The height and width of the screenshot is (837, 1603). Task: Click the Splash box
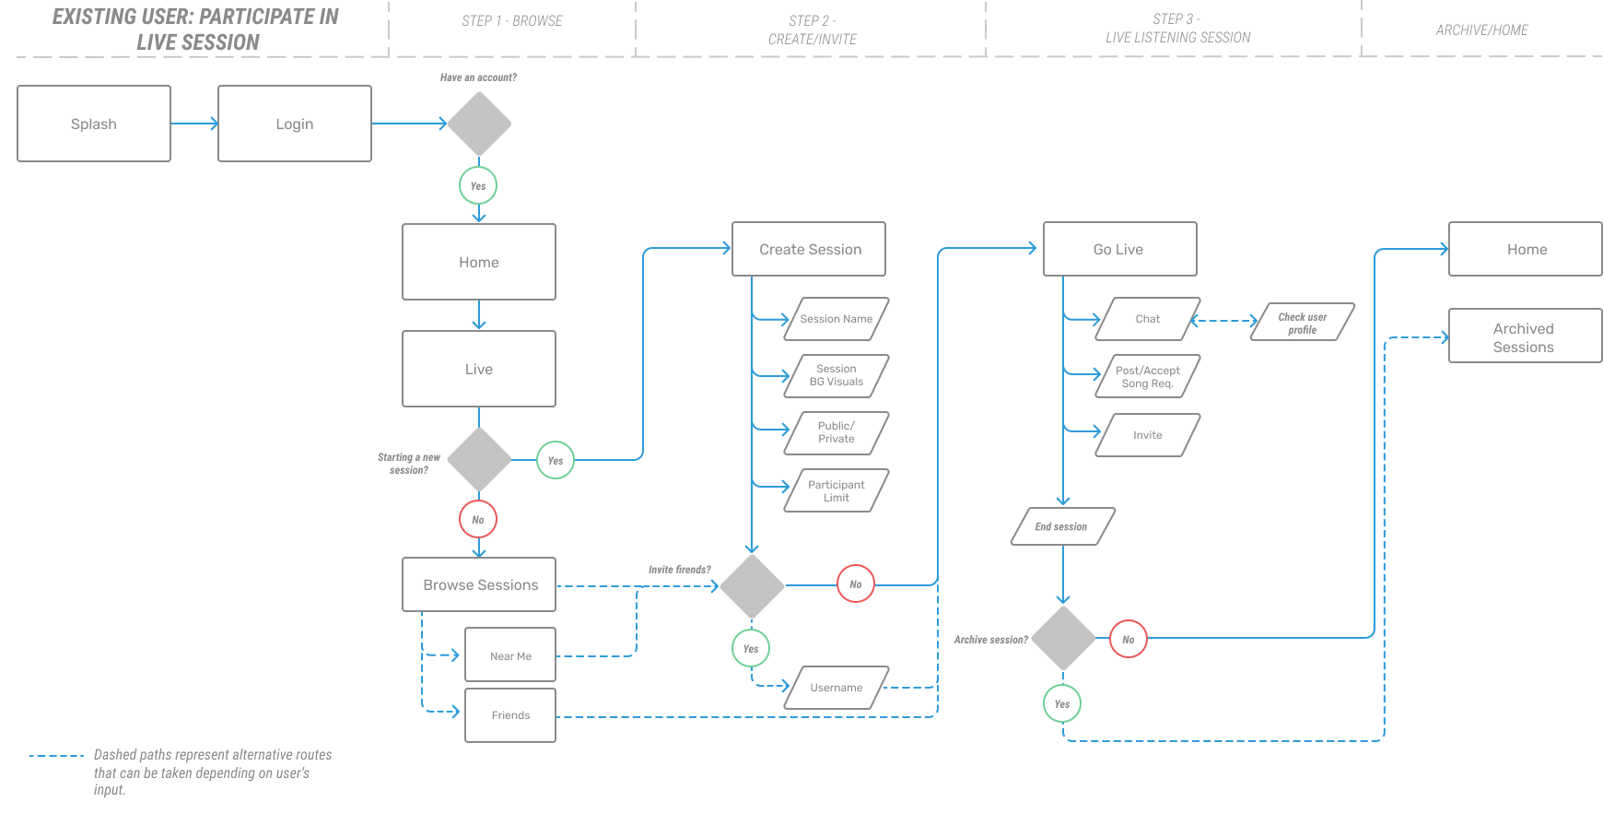[x=94, y=124]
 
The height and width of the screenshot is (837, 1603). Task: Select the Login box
[x=295, y=124]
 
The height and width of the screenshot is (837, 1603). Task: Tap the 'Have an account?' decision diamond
[x=479, y=124]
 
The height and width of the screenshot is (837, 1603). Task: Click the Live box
[x=479, y=369]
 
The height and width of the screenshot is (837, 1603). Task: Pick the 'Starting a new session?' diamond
[x=479, y=459]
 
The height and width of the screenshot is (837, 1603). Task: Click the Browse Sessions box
[x=479, y=584]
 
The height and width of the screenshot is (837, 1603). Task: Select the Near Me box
[x=510, y=655]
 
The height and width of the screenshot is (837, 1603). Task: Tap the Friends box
[x=510, y=715]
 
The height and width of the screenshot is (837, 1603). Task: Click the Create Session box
[x=809, y=249]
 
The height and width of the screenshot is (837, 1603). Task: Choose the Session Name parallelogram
[x=837, y=319]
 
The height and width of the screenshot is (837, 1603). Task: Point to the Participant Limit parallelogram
[x=837, y=490]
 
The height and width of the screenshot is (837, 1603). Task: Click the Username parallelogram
[x=837, y=688]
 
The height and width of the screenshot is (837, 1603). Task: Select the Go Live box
[x=1120, y=249]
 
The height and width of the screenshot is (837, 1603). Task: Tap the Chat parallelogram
[x=1148, y=319]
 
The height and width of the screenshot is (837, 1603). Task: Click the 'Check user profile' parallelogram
[x=1303, y=323]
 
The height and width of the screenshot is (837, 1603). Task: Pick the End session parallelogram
[x=1063, y=526]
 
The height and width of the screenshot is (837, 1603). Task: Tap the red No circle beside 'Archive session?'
[x=1129, y=639]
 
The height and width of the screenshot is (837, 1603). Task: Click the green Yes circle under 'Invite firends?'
[x=751, y=648]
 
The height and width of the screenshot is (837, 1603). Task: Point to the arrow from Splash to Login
[x=194, y=124]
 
